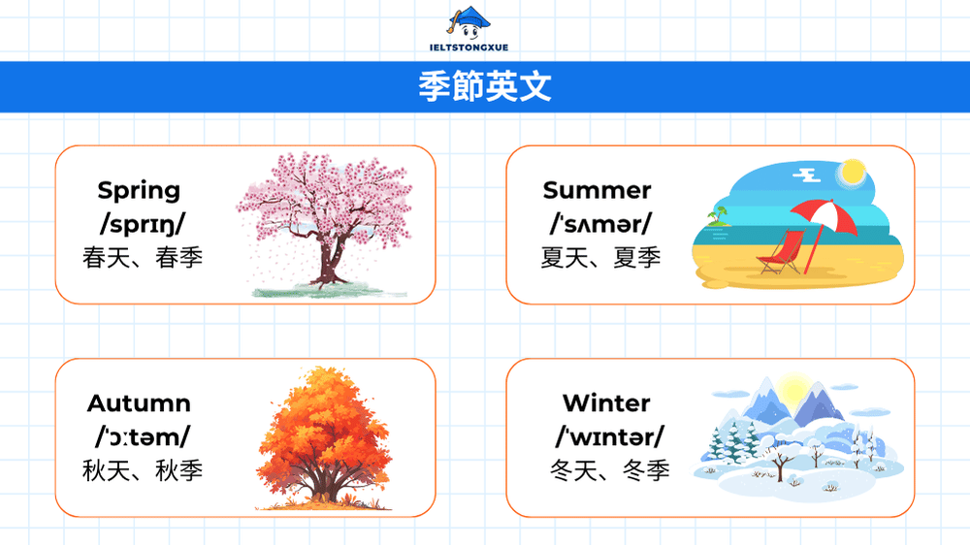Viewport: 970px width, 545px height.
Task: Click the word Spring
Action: click(139, 191)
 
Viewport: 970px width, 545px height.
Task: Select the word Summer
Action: click(597, 191)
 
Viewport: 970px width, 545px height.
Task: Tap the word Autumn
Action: click(139, 403)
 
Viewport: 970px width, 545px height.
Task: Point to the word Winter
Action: click(606, 403)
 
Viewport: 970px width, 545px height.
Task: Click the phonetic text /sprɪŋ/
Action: click(143, 224)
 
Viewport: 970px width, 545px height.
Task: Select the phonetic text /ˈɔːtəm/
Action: click(143, 437)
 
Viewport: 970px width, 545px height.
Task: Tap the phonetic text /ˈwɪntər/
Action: click(610, 437)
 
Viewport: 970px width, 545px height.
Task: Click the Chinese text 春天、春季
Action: click(143, 258)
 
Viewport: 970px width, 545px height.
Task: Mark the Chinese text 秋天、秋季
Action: click(143, 471)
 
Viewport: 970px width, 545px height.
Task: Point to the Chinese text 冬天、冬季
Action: click(610, 471)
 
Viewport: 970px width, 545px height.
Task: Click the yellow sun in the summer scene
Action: click(852, 173)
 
